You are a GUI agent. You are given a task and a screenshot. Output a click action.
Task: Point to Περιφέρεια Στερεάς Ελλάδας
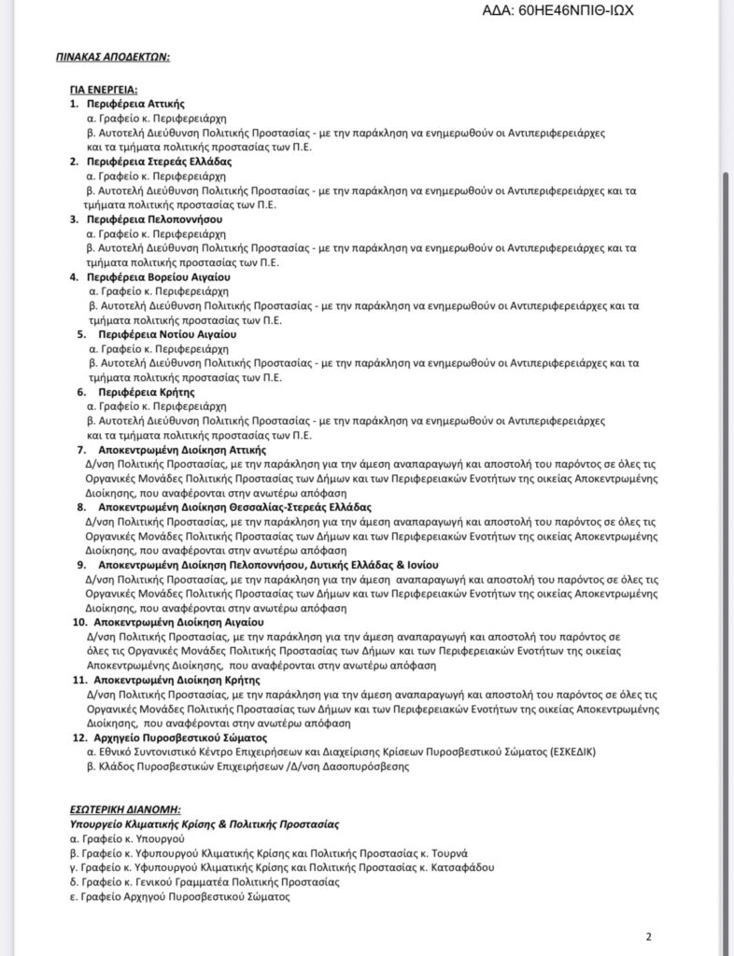click(x=159, y=162)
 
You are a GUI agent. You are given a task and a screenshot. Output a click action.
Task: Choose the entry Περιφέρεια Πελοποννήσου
click(x=154, y=219)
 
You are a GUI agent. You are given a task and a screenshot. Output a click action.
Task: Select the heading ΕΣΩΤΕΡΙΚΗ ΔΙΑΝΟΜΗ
click(x=125, y=809)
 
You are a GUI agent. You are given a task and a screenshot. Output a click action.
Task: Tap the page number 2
click(x=649, y=937)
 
